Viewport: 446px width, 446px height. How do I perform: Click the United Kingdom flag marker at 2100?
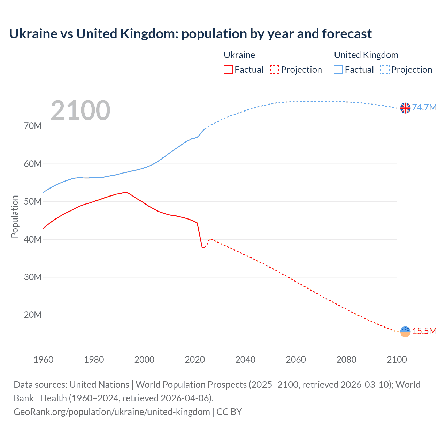tap(405, 108)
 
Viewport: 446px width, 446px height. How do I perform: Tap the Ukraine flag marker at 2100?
tap(405, 332)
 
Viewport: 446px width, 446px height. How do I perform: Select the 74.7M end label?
tap(424, 107)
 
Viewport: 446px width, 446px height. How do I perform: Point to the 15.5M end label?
tap(424, 331)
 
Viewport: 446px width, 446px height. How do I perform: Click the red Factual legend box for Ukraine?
tap(228, 70)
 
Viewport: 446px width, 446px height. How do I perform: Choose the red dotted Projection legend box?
tap(275, 70)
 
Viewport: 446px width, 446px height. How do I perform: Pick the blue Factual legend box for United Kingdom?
tap(338, 70)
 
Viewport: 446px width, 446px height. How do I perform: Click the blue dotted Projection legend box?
tap(385, 70)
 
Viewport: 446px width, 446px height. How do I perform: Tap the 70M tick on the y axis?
tap(33, 126)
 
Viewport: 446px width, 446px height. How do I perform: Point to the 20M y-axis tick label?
tap(33, 315)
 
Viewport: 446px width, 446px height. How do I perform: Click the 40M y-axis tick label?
tap(33, 239)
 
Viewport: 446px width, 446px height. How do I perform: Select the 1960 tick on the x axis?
tap(44, 360)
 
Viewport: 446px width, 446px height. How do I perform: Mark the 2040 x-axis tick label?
tap(245, 360)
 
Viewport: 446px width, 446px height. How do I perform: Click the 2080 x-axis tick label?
tap(346, 360)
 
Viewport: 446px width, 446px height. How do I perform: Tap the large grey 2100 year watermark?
tap(80, 110)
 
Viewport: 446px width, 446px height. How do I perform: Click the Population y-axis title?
tap(15, 216)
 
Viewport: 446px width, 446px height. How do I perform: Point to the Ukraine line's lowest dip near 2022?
tap(202, 248)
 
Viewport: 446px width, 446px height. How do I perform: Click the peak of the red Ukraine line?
tap(125, 192)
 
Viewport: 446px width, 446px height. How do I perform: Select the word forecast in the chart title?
tap(347, 34)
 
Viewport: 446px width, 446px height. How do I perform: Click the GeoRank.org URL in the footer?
tap(112, 412)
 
